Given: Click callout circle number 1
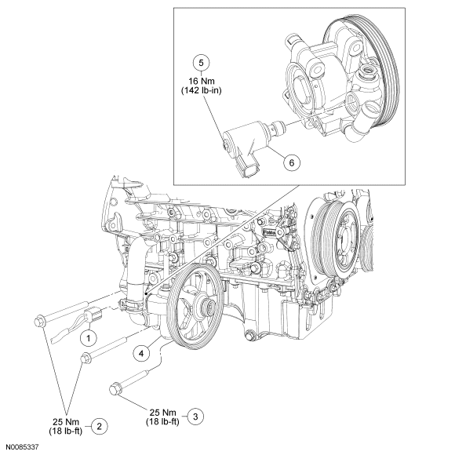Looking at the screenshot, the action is point(88,337).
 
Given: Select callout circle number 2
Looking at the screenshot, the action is point(100,426).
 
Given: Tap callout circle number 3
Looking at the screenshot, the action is point(195,417).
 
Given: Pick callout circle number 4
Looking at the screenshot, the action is point(141,353).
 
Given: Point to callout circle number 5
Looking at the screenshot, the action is point(201,63).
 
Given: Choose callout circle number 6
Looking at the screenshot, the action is point(292,162).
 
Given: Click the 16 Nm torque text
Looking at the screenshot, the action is point(202,81).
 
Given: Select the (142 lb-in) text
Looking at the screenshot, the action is point(202,90).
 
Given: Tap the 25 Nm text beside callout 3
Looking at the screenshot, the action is point(163,412).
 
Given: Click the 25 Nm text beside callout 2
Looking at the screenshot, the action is point(66,421).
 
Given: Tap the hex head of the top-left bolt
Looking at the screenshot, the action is point(39,320).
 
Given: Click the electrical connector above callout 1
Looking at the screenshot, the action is point(93,314).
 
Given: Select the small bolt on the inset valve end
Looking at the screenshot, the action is point(224,143).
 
